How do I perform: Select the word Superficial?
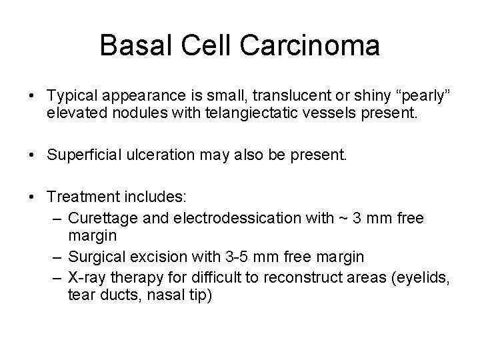click(86, 155)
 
